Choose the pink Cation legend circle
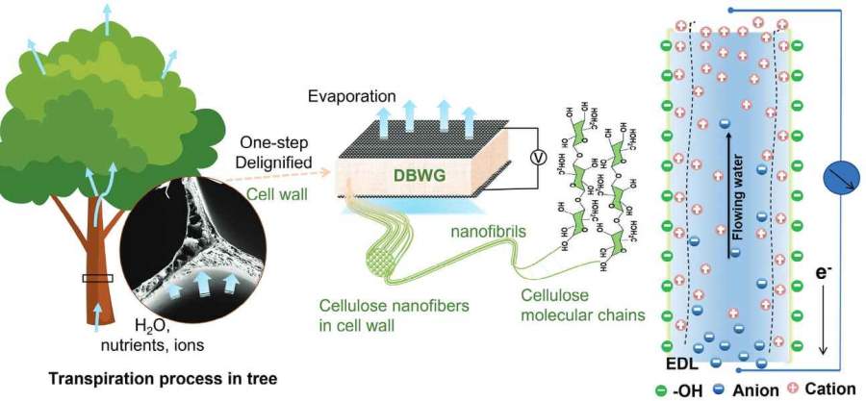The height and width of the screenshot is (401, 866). pyautogui.click(x=792, y=389)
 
